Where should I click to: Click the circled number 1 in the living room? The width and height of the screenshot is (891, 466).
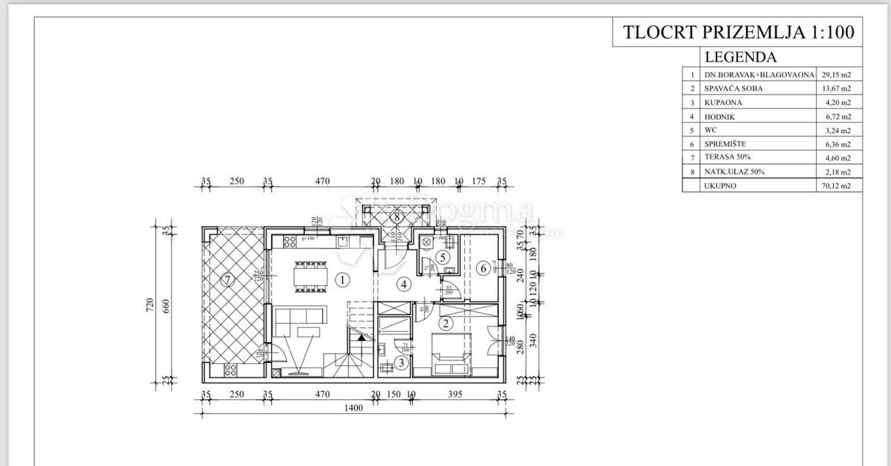coord(342,280)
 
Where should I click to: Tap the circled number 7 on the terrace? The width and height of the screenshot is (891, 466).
coord(227,280)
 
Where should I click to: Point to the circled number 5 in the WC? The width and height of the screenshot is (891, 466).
coord(443,257)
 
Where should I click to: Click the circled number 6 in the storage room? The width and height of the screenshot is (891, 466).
coord(483,268)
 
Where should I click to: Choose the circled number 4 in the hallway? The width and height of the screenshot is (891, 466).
coord(403,283)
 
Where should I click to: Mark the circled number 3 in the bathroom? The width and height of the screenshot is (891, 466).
coord(401,363)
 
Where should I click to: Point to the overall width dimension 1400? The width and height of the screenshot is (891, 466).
coord(353,408)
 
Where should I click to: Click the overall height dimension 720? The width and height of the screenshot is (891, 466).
coord(150,304)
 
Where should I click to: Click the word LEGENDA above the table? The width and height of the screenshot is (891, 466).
coord(740,56)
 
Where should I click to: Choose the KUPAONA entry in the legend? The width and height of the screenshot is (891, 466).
coord(723,103)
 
